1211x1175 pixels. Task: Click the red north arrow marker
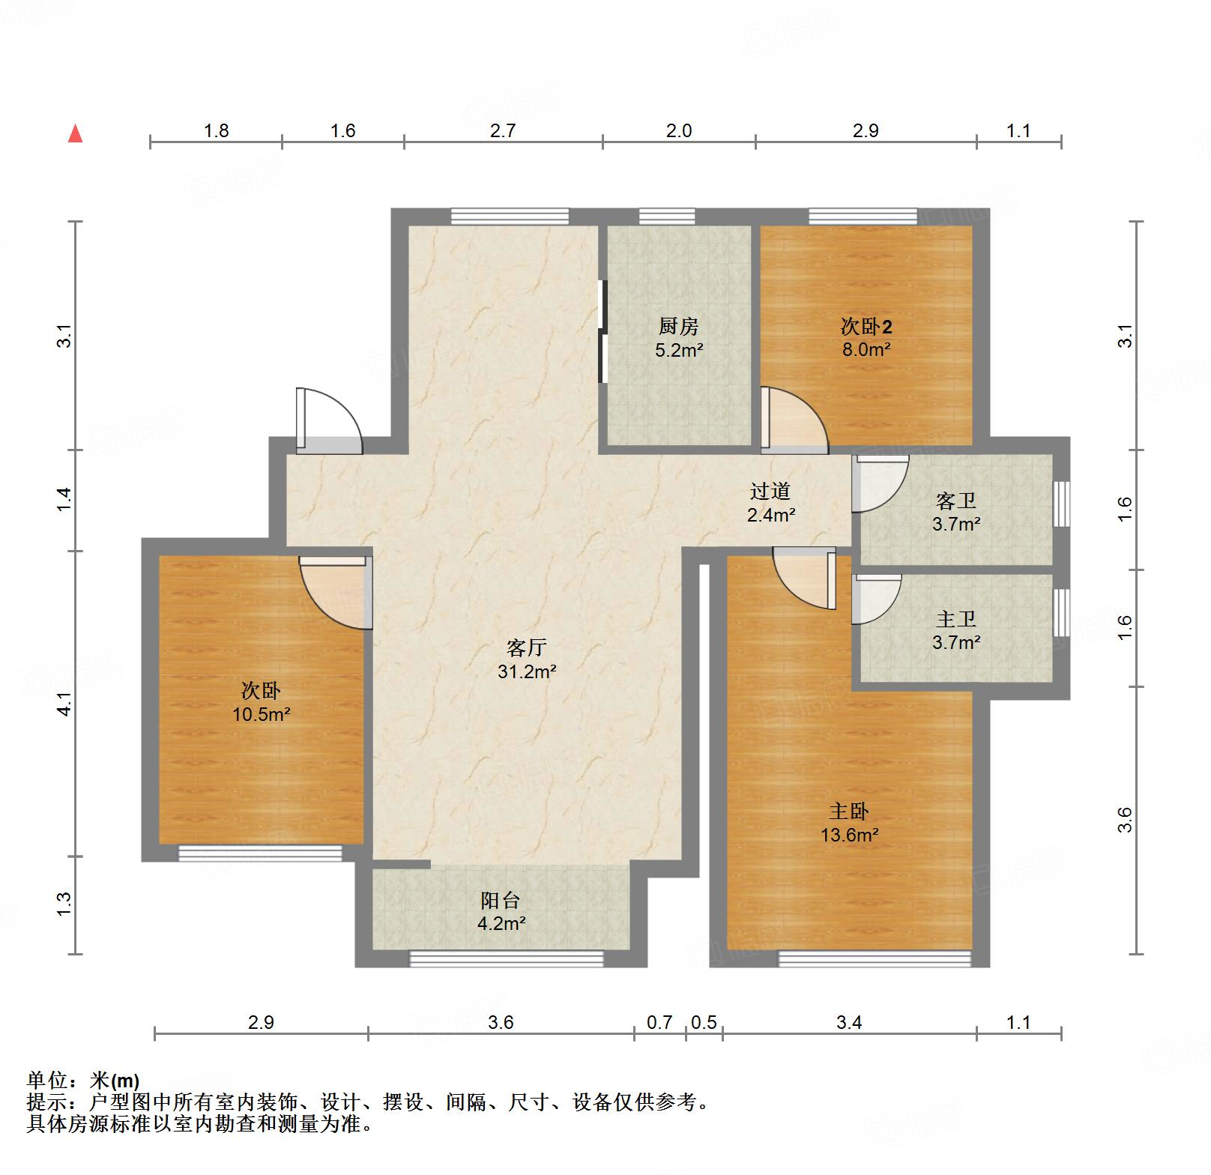tap(75, 134)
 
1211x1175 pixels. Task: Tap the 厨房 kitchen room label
tap(678, 326)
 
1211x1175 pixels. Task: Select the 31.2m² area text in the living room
tap(526, 672)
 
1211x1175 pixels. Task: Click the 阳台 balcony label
tap(500, 900)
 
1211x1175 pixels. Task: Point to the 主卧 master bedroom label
tap(848, 811)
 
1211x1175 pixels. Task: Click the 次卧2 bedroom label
tap(866, 326)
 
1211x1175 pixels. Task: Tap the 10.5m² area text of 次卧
tap(261, 714)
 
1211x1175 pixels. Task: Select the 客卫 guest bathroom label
tap(955, 501)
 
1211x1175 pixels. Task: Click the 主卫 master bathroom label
tap(955, 619)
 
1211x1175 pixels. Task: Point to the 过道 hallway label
tap(770, 491)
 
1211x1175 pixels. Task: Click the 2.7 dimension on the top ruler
tap(503, 131)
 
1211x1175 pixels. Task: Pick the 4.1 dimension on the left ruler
tap(65, 704)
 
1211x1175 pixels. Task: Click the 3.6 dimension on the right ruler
tap(1125, 820)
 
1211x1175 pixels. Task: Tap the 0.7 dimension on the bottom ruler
tap(659, 1022)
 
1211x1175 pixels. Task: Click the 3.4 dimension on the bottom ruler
tap(849, 1022)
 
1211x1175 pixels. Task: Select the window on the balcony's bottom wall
tap(506, 958)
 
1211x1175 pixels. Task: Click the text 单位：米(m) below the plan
tap(83, 1080)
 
